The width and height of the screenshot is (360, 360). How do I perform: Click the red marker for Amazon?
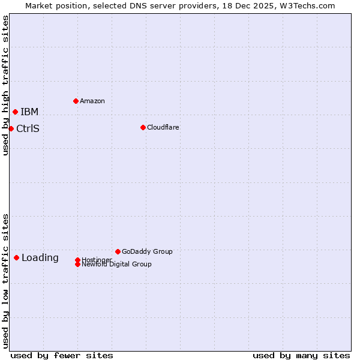76,101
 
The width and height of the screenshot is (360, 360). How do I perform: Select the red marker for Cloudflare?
143,127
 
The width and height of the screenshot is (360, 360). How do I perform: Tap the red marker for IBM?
15,112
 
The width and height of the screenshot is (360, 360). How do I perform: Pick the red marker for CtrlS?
11,128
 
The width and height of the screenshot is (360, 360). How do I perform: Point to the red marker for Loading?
16,257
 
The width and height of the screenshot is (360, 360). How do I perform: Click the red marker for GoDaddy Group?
118,251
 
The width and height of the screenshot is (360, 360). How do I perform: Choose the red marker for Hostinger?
77,260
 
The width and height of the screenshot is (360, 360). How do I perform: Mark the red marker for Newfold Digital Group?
78,264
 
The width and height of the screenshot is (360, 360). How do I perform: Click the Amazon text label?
92,101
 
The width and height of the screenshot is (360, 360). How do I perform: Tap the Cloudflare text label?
163,127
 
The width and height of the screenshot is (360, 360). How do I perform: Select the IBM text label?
29,112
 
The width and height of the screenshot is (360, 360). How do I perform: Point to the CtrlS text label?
28,128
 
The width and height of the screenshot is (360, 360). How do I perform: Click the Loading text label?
40,258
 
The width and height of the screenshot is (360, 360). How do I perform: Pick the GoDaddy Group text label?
147,251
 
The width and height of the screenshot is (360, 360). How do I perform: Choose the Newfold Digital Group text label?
117,265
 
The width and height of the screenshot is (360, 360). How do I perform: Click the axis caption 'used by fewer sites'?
62,355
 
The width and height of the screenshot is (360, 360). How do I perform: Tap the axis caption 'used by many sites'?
301,355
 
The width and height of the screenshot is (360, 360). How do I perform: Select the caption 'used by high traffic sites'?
5,85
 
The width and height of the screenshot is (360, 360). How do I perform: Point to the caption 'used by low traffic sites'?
5,281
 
